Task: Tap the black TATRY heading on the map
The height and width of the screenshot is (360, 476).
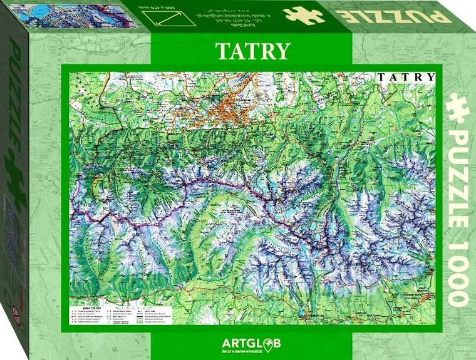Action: pos(406,77)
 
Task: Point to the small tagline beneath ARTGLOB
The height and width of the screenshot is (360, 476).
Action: pos(251,352)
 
